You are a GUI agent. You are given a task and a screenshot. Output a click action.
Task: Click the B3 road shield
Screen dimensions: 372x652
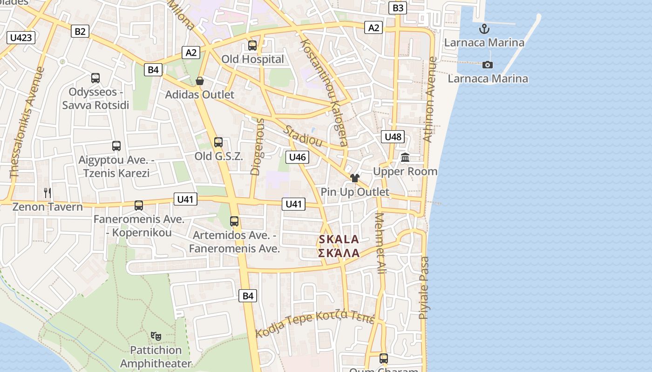pyautogui.click(x=398, y=8)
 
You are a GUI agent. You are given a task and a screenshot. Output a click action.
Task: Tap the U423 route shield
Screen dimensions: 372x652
pyautogui.click(x=21, y=38)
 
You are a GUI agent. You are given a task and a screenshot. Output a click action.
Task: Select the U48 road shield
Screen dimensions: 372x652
pyautogui.click(x=393, y=137)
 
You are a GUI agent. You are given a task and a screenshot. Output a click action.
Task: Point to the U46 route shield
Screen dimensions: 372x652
pyautogui.click(x=298, y=157)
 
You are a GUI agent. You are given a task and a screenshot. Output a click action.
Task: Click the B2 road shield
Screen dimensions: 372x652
pyautogui.click(x=80, y=31)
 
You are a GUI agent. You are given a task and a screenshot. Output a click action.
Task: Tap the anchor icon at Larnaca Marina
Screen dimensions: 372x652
pyautogui.click(x=484, y=29)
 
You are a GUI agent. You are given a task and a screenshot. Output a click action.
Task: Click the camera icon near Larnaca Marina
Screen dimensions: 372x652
pyautogui.click(x=488, y=65)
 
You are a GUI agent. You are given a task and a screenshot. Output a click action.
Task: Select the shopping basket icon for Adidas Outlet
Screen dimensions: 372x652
pyautogui.click(x=200, y=81)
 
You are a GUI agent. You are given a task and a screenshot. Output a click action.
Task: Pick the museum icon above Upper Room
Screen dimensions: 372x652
pyautogui.click(x=405, y=158)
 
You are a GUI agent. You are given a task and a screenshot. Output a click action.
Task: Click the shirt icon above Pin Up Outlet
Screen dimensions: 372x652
pyautogui.click(x=355, y=178)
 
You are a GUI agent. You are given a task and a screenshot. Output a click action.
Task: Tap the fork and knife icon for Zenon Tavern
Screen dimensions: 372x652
pyautogui.click(x=48, y=193)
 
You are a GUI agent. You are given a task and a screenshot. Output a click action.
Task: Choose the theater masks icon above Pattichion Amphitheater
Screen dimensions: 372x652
pyautogui.click(x=156, y=336)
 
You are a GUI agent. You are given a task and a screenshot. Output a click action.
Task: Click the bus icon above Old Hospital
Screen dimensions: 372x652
pyautogui.click(x=252, y=46)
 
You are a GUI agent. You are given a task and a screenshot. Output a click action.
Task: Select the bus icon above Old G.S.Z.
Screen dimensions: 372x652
pyautogui.click(x=218, y=142)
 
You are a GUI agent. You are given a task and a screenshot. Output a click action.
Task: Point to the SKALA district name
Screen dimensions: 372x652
pyautogui.click(x=339, y=240)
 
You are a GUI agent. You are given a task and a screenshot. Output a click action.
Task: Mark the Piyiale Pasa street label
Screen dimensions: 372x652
pyautogui.click(x=424, y=288)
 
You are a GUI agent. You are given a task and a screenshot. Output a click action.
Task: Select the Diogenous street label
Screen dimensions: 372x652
pyautogui.click(x=258, y=146)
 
